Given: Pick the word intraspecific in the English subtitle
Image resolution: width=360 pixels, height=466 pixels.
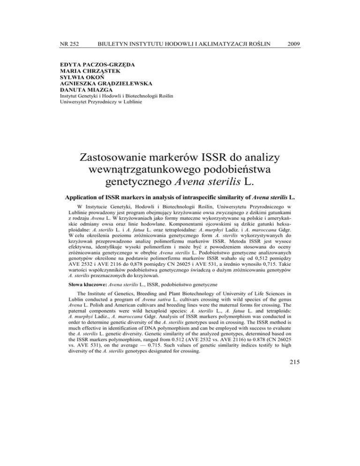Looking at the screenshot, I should pyautogui.click(x=205, y=208).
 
